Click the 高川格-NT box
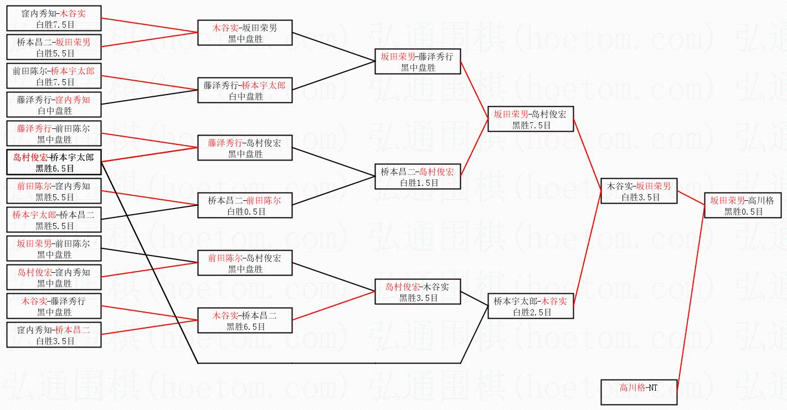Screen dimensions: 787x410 (x=639, y=392)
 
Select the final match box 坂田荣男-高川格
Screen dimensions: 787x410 (x=742, y=205)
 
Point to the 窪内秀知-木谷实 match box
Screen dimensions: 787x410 (x=54, y=18)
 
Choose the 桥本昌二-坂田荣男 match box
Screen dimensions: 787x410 (x=54, y=46)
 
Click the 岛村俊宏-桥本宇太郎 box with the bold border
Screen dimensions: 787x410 (x=54, y=162)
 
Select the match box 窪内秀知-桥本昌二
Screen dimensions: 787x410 (x=54, y=335)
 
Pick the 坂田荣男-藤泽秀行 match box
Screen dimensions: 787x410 (x=418, y=61)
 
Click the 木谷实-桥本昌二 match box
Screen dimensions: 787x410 (x=245, y=320)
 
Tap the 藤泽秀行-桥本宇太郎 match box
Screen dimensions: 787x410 (x=245, y=90)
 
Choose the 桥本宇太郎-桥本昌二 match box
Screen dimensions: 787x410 (x=54, y=220)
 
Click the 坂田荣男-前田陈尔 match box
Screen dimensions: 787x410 (x=54, y=248)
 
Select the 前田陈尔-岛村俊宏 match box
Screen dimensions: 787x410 (x=245, y=263)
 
